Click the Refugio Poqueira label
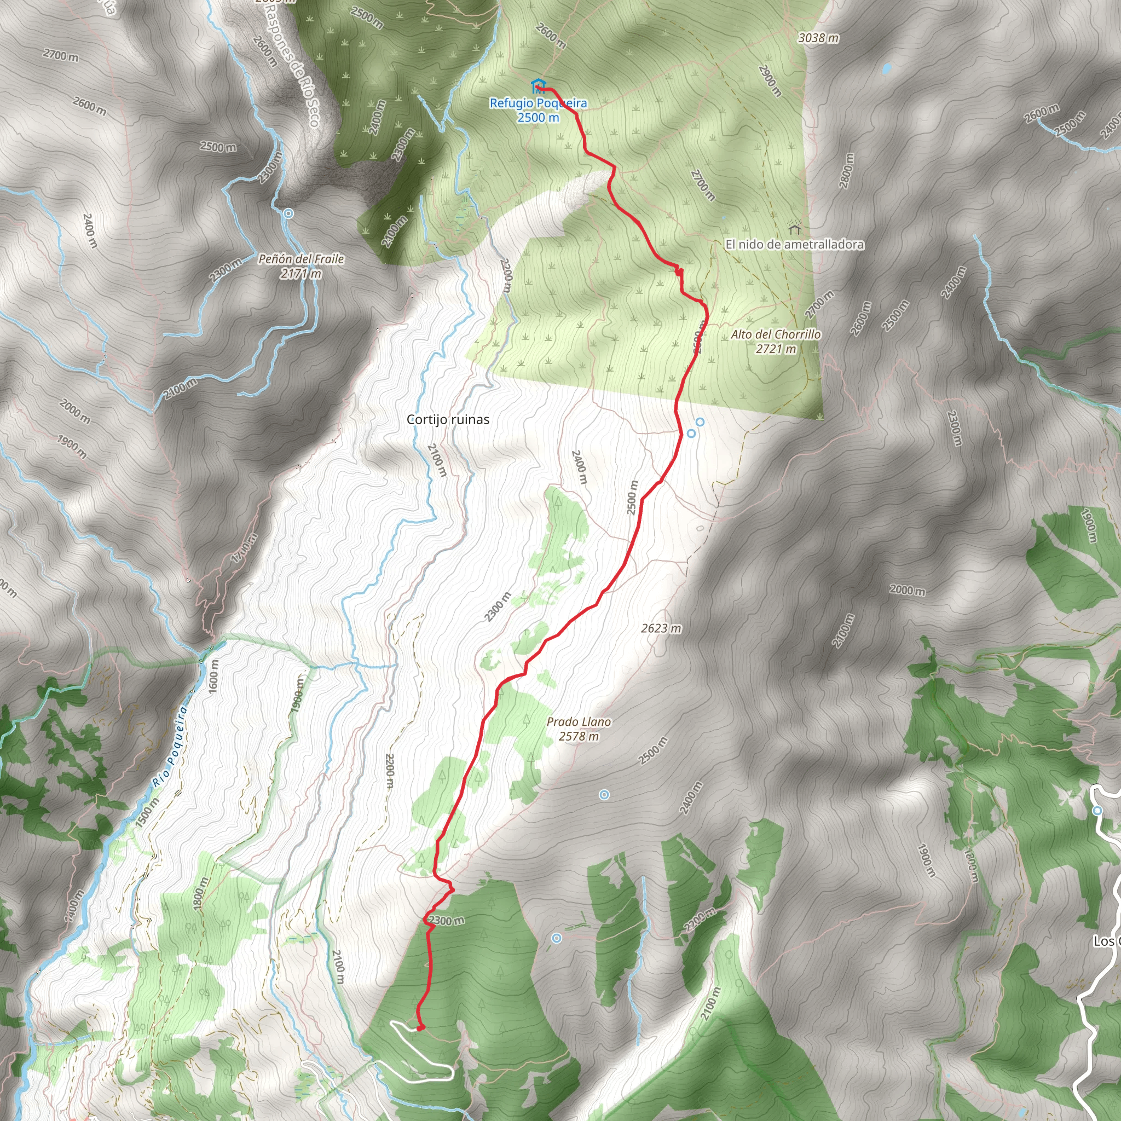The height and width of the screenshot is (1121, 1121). pos(538,103)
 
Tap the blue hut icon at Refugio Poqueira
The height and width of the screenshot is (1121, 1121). pos(538,86)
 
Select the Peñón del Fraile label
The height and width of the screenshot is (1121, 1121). pos(301,259)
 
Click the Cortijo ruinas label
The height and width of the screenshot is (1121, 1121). pos(448,419)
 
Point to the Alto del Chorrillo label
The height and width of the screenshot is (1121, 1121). pos(776,334)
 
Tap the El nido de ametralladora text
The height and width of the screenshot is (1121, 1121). pos(794,245)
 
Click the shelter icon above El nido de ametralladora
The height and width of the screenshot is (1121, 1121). pos(794,227)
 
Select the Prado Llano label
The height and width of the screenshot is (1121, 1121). pos(579,722)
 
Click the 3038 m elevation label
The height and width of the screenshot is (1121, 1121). pos(818,38)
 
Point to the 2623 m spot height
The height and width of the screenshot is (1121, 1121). pos(661,628)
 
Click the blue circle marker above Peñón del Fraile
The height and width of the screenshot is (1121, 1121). pos(288,213)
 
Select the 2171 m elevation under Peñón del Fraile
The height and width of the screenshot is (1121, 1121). pos(301,274)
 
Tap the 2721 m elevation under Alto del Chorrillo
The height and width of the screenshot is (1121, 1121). pos(776,349)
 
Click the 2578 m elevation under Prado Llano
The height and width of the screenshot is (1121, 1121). pos(579,736)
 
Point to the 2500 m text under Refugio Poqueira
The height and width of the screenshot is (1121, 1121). pos(539,118)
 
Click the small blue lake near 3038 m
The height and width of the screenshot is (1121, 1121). pos(886,68)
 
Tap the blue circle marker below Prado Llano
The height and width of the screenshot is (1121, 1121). pos(604,795)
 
